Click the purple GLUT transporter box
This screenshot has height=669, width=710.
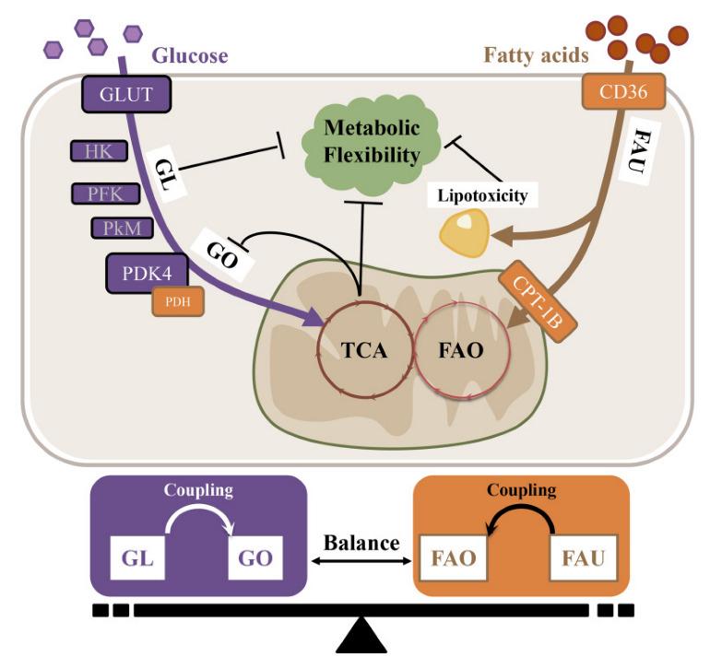[x=126, y=94]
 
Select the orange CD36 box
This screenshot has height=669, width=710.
[x=623, y=91]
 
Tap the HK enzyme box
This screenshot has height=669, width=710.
[x=99, y=151]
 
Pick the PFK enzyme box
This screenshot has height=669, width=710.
[x=105, y=194]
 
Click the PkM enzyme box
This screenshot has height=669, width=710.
[x=123, y=228]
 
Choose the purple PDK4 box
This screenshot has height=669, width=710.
[x=148, y=273]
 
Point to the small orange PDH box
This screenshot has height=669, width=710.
[x=178, y=301]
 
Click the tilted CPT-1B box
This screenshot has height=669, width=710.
[x=538, y=301]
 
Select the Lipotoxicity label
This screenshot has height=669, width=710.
[x=482, y=195]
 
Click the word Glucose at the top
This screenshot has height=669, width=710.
[x=190, y=55]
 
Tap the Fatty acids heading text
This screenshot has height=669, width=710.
[x=536, y=55]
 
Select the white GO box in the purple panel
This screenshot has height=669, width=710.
[x=255, y=557]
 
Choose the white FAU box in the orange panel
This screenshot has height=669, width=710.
[x=583, y=557]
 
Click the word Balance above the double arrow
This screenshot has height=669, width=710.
[x=361, y=542]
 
